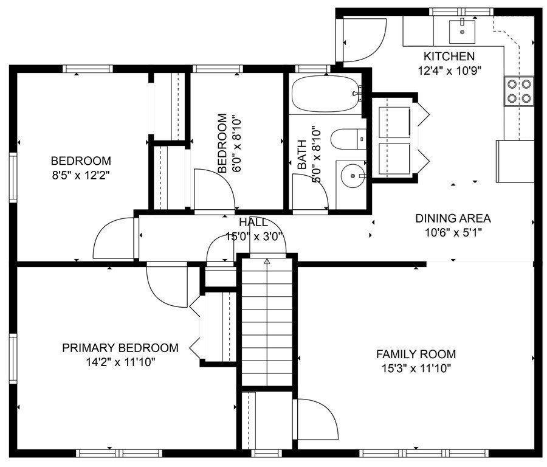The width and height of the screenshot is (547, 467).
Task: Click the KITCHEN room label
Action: tap(449, 56)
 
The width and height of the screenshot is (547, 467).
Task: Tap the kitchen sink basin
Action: tap(462, 31)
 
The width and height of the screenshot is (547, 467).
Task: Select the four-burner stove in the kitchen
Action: tap(519, 91)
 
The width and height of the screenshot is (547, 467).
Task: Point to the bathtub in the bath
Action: tap(326, 94)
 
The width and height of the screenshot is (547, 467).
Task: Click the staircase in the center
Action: tap(267, 322)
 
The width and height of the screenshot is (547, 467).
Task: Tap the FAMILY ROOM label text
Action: tap(416, 355)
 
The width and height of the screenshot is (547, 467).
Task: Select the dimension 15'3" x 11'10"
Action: tap(416, 368)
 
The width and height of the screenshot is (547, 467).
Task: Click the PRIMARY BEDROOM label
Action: tap(120, 348)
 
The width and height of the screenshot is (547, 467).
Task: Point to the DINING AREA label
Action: tap(453, 218)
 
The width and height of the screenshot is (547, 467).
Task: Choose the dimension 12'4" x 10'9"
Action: tap(450, 71)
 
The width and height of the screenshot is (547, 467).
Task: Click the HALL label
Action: tap(253, 222)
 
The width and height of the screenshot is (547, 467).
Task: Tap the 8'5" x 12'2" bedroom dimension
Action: tap(81, 175)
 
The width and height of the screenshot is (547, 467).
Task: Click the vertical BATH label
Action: tap(301, 154)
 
